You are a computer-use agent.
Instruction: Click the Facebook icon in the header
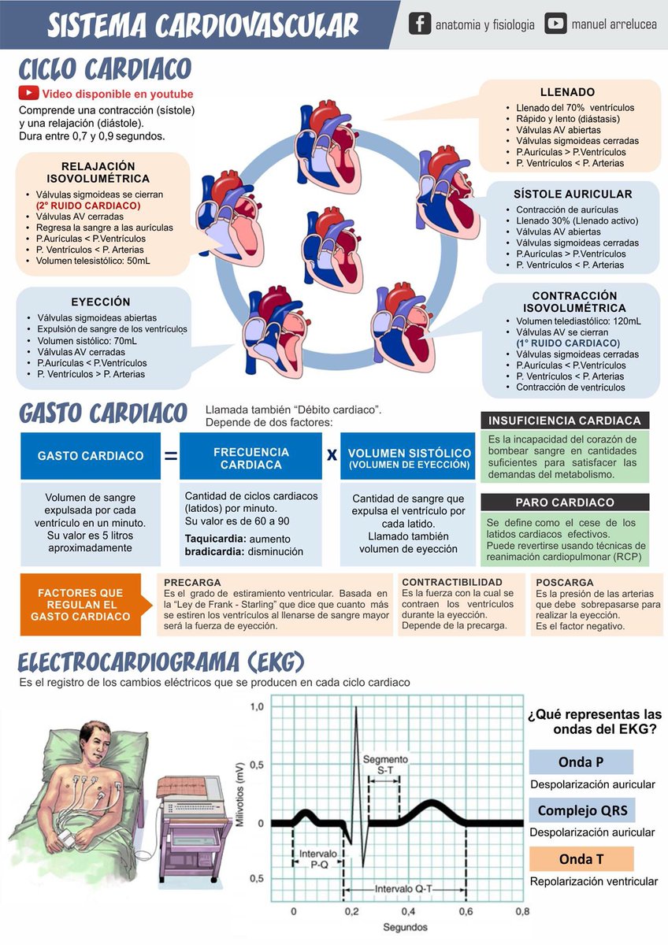click(420, 24)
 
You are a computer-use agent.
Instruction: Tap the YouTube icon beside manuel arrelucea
click(555, 24)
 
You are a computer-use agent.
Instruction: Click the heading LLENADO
click(567, 92)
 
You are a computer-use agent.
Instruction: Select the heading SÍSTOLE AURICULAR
click(573, 194)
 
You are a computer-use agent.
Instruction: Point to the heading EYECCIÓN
click(100, 302)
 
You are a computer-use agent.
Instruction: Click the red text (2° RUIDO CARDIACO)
click(83, 206)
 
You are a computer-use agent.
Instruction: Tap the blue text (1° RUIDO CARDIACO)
click(568, 343)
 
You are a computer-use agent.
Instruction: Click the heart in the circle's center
click(333, 248)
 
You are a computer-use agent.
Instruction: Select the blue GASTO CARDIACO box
click(91, 456)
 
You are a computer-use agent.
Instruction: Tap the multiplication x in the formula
click(332, 455)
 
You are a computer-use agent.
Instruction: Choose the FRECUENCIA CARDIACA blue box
click(251, 458)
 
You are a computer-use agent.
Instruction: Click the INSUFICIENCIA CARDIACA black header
click(565, 421)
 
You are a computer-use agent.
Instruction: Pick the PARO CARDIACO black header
click(565, 502)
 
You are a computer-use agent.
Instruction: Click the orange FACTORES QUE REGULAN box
click(80, 605)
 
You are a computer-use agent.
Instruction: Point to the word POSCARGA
click(565, 583)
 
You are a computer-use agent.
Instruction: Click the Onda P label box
click(581, 762)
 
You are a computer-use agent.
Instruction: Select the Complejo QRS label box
click(581, 810)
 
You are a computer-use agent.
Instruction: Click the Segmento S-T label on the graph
click(386, 763)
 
